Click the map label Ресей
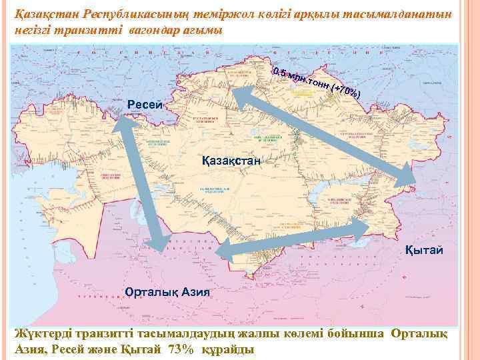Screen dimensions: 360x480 click(x=144, y=104)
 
